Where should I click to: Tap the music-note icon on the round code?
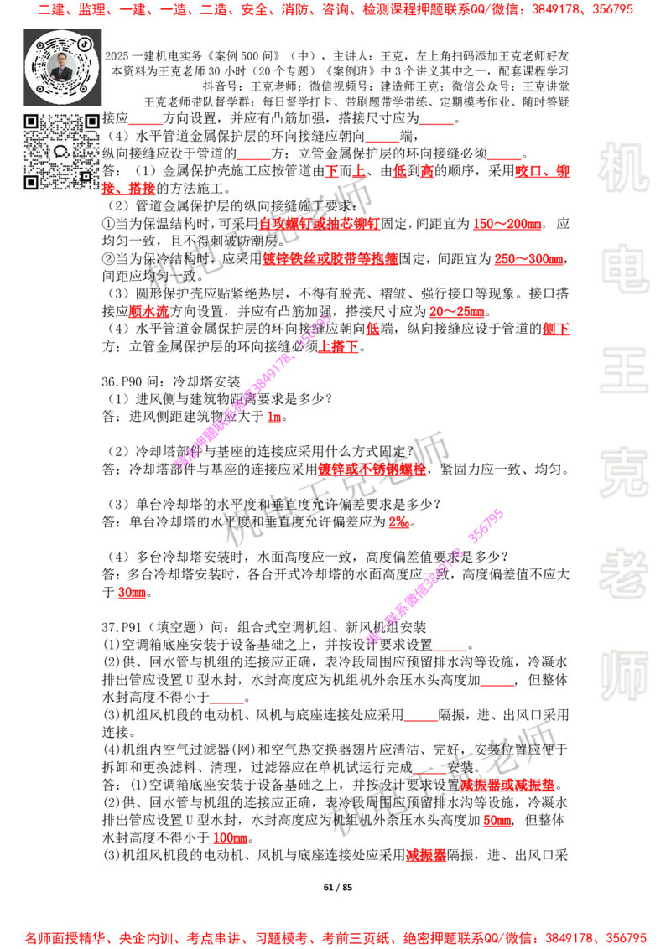[85, 43]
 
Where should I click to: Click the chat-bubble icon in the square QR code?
[61, 152]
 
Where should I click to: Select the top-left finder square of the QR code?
[31, 122]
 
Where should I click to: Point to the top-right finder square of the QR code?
[91, 122]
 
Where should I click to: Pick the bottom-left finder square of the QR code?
[31, 182]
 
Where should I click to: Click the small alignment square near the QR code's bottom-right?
[86, 176]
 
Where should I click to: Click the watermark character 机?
[623, 168]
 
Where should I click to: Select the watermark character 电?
[627, 268]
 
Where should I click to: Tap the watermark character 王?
[623, 372]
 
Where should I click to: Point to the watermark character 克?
[623, 473]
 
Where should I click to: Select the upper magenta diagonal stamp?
[252, 392]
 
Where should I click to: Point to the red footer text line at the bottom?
[335, 937]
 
